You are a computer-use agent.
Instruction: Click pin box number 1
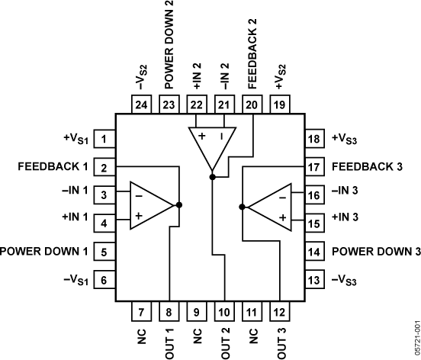(104, 139)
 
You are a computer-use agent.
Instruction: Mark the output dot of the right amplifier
(242, 205)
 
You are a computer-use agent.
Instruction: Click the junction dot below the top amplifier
(211, 177)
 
